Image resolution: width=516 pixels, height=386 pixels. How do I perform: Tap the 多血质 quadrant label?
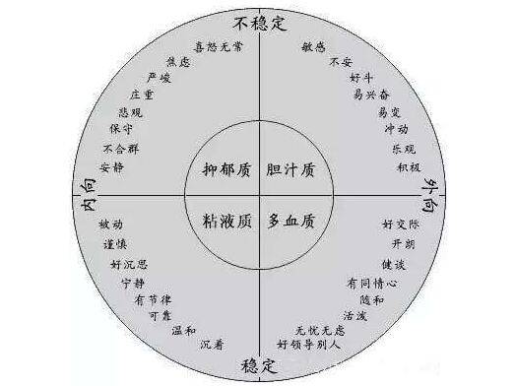point(291,219)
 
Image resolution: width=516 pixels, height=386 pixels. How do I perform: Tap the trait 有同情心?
point(371,282)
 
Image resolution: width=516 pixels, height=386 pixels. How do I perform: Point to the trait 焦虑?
point(179,60)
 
